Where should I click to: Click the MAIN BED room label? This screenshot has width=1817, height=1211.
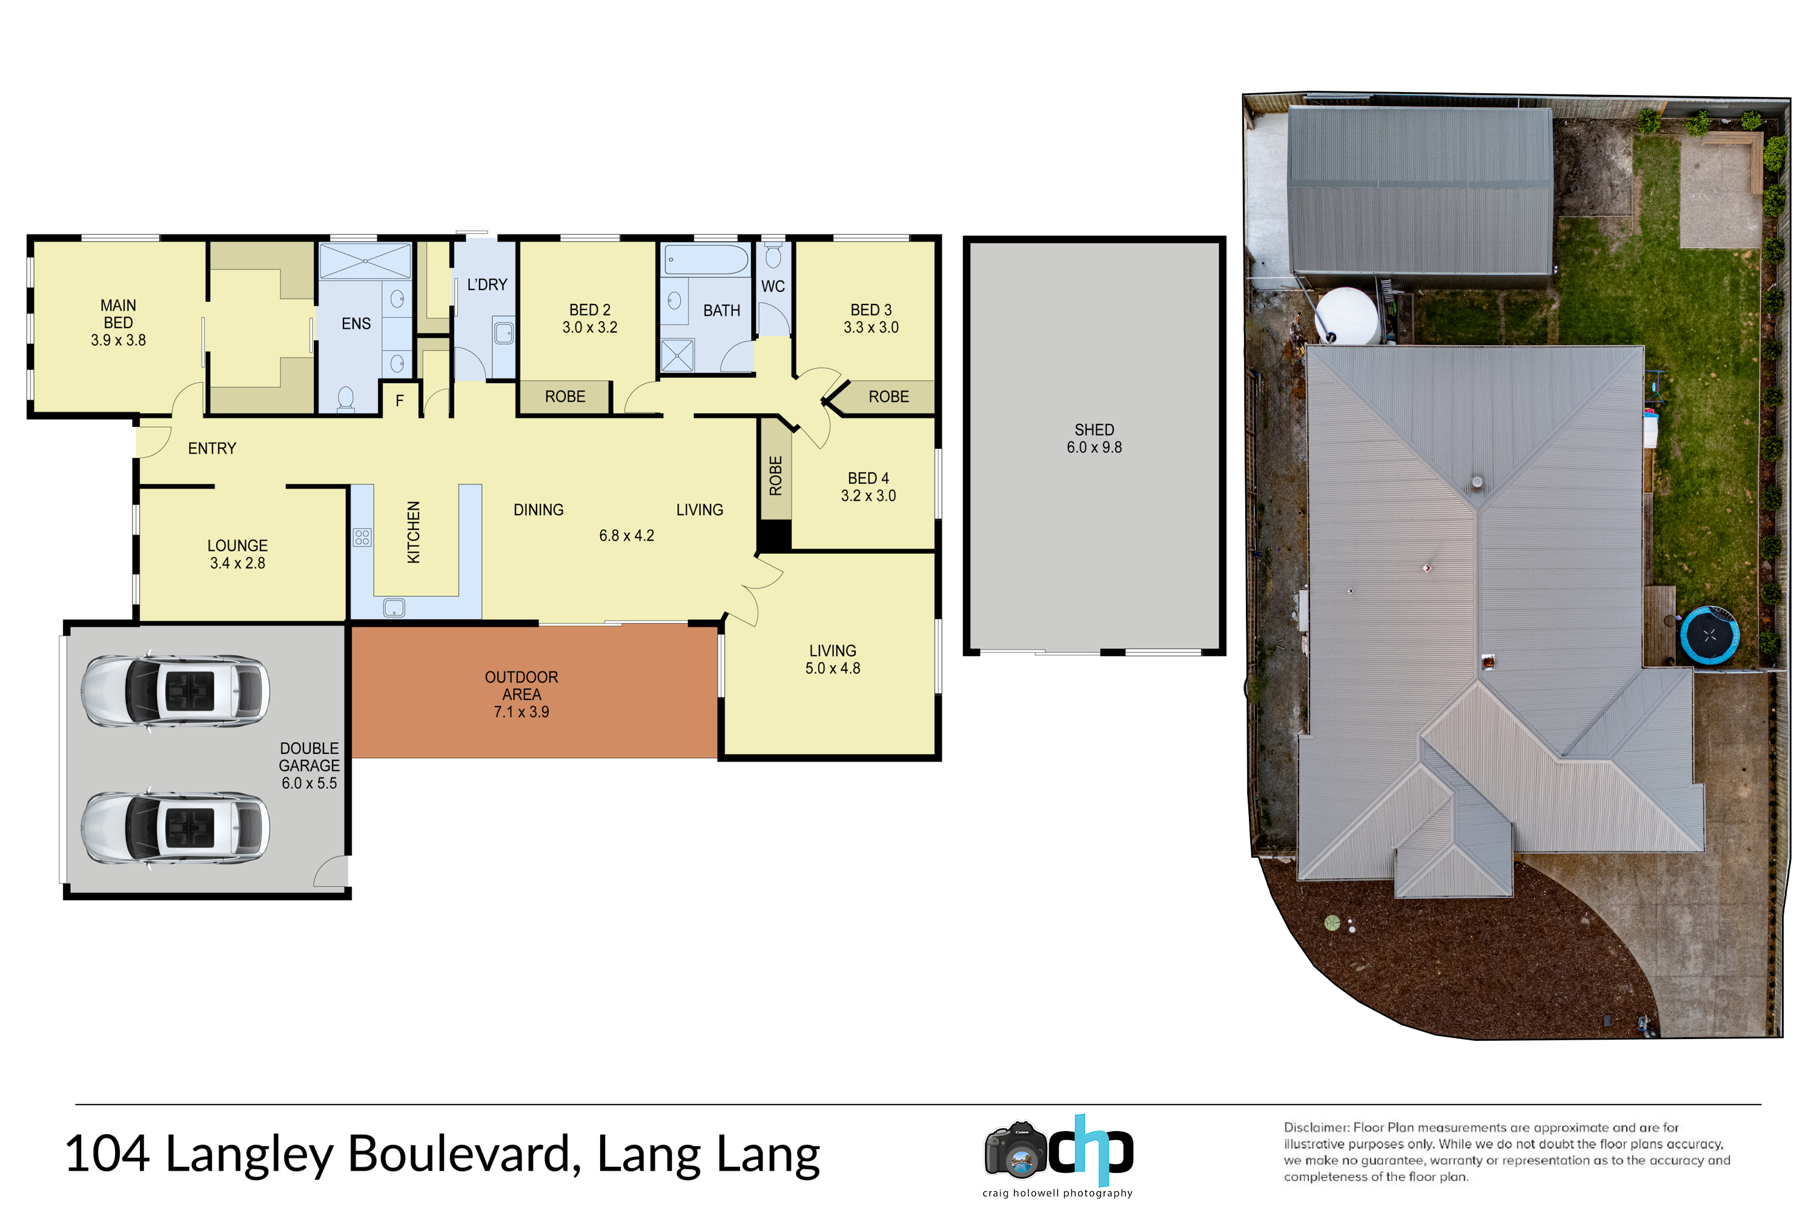coord(118,314)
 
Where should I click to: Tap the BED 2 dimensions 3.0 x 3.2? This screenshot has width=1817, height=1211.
coord(589,328)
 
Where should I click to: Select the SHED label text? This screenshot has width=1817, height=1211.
coord(1094,429)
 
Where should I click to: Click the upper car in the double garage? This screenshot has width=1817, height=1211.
coord(176,691)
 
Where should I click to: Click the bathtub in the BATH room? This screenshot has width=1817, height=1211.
coord(706,260)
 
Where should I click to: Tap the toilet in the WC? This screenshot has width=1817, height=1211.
coord(773,255)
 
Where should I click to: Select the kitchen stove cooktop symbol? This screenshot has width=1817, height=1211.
coord(362,536)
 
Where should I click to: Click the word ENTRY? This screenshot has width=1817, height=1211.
coord(211,449)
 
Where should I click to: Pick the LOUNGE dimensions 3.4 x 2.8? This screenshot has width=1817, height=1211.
coord(237,564)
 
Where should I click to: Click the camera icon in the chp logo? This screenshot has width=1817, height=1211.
coord(1015,1151)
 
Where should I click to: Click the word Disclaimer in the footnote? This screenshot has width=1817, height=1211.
coord(1316,1127)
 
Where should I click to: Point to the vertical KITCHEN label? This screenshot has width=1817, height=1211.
coord(413,532)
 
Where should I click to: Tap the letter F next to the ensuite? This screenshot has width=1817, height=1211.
coord(399,401)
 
